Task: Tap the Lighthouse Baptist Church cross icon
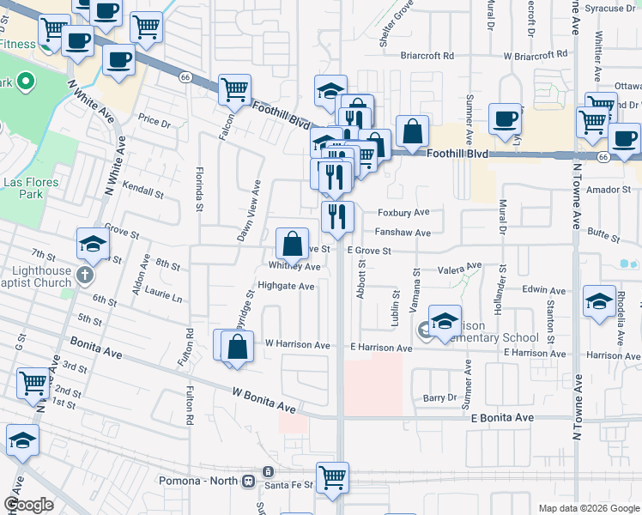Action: [x=84, y=276]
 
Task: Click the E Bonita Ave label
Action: [x=503, y=417]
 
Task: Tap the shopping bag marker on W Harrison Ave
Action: [x=238, y=347]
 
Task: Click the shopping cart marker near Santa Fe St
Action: [x=332, y=477]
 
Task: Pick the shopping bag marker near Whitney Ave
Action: [x=293, y=242]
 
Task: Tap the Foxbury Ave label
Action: [x=403, y=212]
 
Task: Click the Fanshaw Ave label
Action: [x=403, y=233]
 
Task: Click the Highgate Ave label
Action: [x=286, y=287]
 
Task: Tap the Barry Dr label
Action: [x=440, y=397]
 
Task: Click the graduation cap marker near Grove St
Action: [x=93, y=245]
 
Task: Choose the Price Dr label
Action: [x=154, y=121]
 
